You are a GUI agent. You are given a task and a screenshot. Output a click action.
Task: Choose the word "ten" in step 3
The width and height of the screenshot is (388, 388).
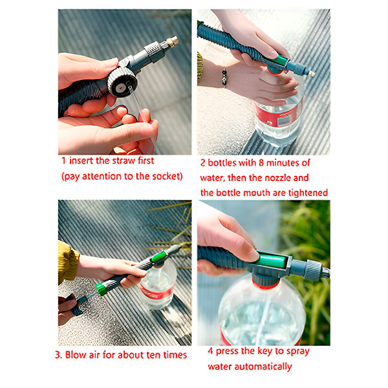[x=147, y=354]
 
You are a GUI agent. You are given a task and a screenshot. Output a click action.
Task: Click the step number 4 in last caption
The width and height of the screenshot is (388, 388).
[x=211, y=351]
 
